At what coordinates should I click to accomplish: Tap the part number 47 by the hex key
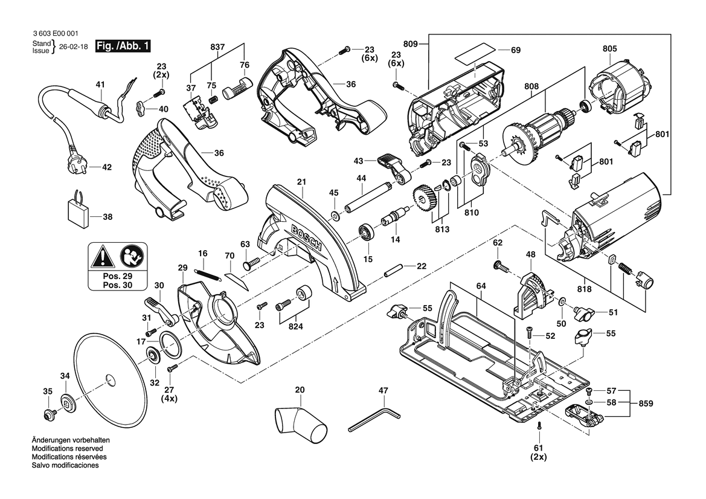tap(382, 391)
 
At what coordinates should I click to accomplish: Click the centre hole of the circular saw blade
tap(109, 379)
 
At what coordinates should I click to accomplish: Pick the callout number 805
tap(609, 49)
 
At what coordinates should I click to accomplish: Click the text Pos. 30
tap(117, 285)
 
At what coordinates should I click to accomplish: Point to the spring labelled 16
tap(208, 272)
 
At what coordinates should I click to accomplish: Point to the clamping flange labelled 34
tap(66, 403)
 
